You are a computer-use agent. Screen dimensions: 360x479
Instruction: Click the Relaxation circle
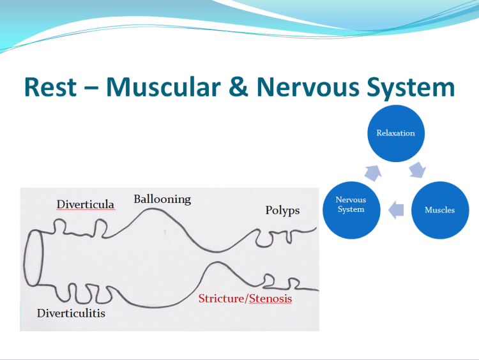(x=395, y=133)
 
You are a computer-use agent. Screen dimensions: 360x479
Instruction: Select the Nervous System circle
(x=351, y=205)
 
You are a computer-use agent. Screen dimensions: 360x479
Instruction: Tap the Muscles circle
(x=440, y=209)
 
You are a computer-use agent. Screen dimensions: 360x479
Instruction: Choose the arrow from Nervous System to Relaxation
(x=373, y=171)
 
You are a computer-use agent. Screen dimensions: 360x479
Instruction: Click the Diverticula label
(x=86, y=205)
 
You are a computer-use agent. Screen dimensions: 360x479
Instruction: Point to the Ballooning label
(x=162, y=199)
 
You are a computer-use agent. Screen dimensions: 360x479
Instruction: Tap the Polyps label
(x=282, y=210)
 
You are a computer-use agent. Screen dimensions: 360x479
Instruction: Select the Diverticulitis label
(x=71, y=313)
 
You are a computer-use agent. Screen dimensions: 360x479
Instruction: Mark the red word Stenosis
(x=269, y=298)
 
